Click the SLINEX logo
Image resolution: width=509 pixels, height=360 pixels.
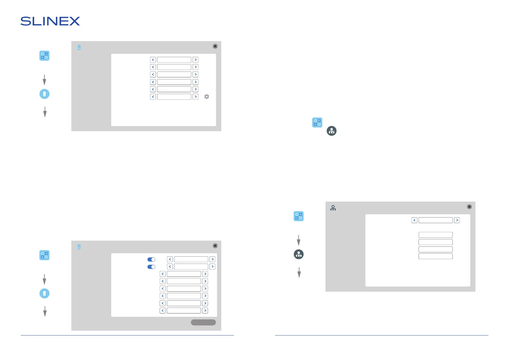pyautogui.click(x=50, y=21)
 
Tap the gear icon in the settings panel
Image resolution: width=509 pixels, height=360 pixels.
pyautogui.click(x=207, y=97)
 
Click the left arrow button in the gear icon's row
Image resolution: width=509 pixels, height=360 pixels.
pyautogui.click(x=153, y=97)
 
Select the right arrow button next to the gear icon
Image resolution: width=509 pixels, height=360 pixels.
pyautogui.click(x=196, y=97)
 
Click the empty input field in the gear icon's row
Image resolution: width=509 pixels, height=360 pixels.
pyautogui.click(x=174, y=97)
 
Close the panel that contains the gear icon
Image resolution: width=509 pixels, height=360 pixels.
pyautogui.click(x=215, y=46)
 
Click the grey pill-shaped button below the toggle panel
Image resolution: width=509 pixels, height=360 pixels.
pyautogui.click(x=203, y=323)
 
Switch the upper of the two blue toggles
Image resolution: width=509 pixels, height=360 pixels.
pyautogui.click(x=151, y=259)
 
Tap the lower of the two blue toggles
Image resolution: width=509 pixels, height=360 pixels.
pyautogui.click(x=151, y=267)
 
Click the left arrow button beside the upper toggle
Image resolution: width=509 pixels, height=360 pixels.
pyautogui.click(x=170, y=259)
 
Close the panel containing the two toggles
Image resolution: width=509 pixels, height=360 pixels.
pyautogui.click(x=215, y=246)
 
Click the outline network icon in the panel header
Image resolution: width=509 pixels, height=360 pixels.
pyautogui.click(x=333, y=208)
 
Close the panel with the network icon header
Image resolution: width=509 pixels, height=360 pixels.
pyautogui.click(x=469, y=207)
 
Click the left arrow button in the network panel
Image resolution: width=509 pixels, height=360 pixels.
pyautogui.click(x=414, y=220)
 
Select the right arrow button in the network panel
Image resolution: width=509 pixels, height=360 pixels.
pyautogui.click(x=457, y=220)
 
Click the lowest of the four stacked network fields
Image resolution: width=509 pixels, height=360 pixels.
pyautogui.click(x=436, y=256)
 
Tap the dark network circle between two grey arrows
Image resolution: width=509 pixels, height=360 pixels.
pyautogui.click(x=299, y=254)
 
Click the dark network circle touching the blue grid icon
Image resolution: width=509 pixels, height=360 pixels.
pyautogui.click(x=332, y=131)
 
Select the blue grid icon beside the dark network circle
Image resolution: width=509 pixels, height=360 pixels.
pyautogui.click(x=317, y=122)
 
